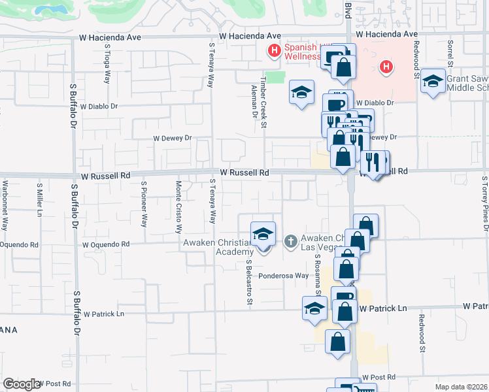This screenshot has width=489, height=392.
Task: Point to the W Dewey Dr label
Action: pyautogui.click(x=172, y=139)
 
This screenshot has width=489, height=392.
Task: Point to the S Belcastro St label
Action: pyautogui.click(x=249, y=283)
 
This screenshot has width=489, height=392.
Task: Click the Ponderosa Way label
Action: pyautogui.click(x=283, y=276)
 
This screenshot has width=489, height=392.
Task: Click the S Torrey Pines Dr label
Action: pyautogui.click(x=485, y=203)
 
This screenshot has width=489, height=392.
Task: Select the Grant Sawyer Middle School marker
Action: pyautogui.click(x=432, y=82)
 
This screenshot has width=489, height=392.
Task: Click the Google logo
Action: pyautogui.click(x=22, y=384)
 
